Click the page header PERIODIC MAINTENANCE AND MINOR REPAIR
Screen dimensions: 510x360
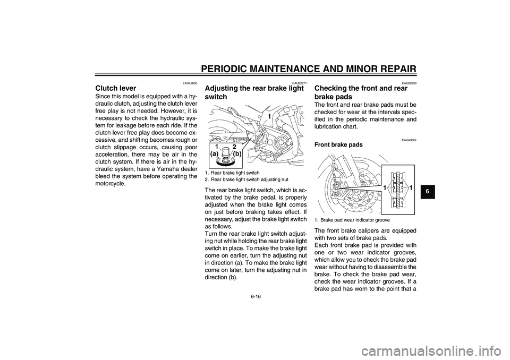[x=308, y=68]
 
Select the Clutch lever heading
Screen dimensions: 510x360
[x=115, y=88]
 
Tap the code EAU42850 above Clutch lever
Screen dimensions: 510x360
[x=190, y=83]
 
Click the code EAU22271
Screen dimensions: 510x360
[x=299, y=83]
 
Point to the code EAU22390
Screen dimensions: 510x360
[x=409, y=83]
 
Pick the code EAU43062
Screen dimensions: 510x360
[x=409, y=140]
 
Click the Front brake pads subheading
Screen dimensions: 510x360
[x=338, y=145]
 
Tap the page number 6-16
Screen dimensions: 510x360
[x=256, y=296]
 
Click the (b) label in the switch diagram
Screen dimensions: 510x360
[x=237, y=155]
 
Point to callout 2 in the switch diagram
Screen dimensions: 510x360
[x=234, y=147]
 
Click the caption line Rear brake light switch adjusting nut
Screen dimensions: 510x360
[x=246, y=179]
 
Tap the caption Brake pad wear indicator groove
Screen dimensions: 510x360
[x=353, y=220]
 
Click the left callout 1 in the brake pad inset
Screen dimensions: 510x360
[x=385, y=187]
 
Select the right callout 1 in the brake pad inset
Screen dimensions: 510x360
[x=411, y=187]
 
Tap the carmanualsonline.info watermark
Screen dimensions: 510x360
[x=431, y=351]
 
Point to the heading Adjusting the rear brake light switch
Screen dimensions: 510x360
[x=254, y=92]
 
